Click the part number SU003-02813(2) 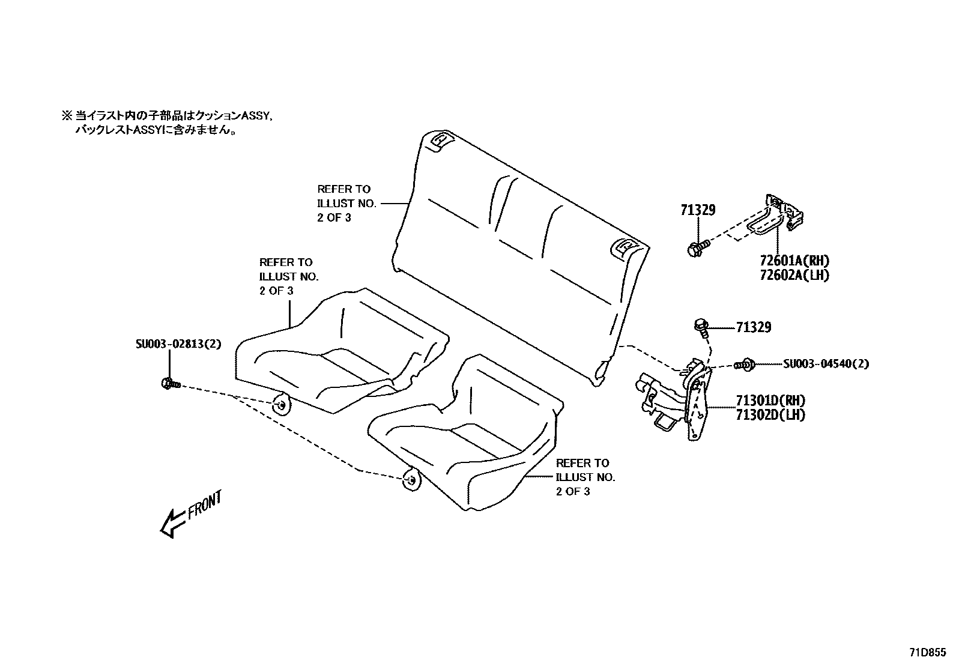coord(178,344)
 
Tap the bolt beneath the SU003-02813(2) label coord(169,383)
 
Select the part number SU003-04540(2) coord(826,364)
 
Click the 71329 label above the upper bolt coord(698,210)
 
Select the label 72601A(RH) coord(794,261)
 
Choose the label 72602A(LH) coord(794,276)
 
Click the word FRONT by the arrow coord(205,504)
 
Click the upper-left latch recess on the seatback coord(441,139)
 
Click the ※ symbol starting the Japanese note coord(66,115)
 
